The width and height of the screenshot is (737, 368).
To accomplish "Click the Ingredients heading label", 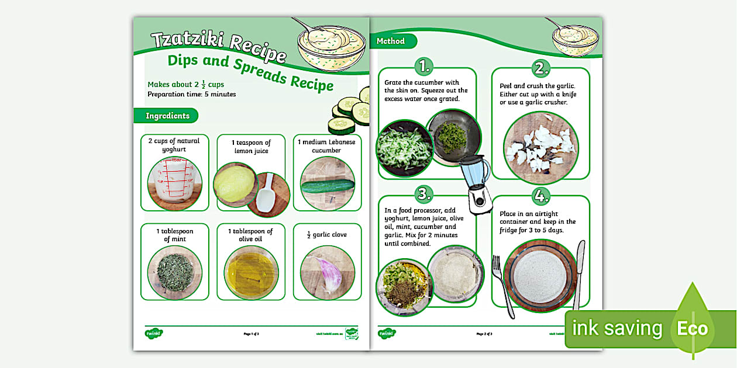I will tap(167, 116).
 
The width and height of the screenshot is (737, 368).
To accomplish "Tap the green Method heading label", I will tap(391, 41).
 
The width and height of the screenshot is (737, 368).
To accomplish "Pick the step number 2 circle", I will tap(541, 67).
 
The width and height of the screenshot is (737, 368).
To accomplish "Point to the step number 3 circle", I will tap(423, 194).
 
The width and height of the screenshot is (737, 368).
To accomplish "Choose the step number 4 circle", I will tap(541, 194).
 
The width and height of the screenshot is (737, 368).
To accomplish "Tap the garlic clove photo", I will tap(327, 272).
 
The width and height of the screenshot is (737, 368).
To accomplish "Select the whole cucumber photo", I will tap(327, 185).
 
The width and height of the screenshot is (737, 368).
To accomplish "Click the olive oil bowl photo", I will tap(251, 272).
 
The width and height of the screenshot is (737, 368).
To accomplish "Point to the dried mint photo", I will tap(174, 272).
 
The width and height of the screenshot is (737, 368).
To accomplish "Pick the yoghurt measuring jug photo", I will tap(174, 183).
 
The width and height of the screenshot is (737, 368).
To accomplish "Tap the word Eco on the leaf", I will tap(692, 328).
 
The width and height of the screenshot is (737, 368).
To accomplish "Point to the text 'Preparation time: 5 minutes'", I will tap(191, 94).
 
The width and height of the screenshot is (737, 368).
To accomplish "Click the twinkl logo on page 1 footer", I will tap(153, 334).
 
